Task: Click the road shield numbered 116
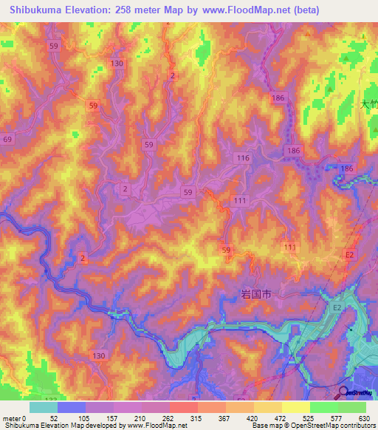244,159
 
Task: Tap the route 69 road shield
7,139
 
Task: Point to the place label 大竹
368,104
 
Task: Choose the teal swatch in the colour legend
44,407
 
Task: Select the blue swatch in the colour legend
72,407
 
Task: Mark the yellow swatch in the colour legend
296,407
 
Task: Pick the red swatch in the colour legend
184,407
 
